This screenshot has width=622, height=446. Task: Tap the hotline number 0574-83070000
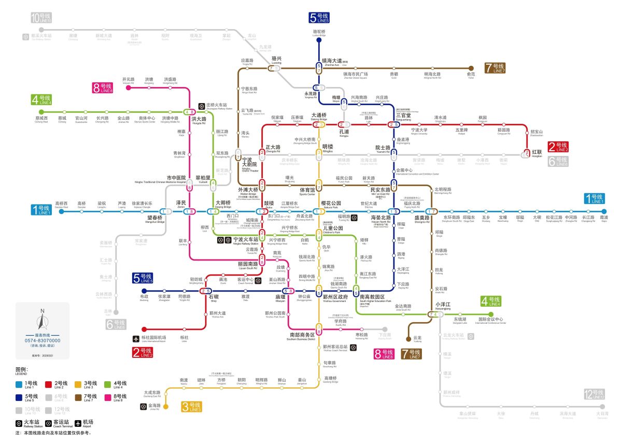[43, 340]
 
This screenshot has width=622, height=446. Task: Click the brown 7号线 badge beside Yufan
[494, 68]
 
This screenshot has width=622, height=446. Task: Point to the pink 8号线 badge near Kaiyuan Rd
[103, 88]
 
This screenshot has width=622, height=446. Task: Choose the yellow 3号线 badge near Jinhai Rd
[191, 407]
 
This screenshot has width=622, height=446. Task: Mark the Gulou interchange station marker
[262, 211]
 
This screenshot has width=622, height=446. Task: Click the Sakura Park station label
[331, 204]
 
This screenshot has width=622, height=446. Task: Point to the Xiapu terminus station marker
[604, 211]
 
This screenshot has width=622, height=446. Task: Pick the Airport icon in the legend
[78, 423]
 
